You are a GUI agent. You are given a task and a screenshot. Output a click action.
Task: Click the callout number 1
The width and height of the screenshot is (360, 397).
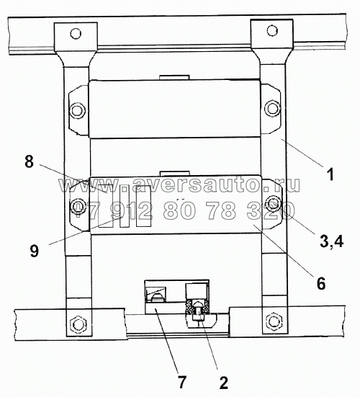(330, 174)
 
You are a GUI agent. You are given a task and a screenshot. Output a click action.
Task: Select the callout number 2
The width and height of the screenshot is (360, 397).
(224, 383)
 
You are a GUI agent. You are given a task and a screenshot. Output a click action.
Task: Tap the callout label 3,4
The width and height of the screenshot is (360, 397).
(332, 241)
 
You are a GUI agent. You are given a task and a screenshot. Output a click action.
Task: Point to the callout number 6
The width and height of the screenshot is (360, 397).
(321, 283)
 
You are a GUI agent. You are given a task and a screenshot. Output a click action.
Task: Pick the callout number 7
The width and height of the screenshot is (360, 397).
(182, 382)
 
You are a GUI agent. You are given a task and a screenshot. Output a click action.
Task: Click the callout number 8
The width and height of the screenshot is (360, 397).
(29, 161)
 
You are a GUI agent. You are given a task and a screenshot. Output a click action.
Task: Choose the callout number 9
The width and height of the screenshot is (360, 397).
(34, 251)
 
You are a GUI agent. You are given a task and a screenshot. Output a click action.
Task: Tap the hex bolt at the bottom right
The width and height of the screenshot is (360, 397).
(274, 321)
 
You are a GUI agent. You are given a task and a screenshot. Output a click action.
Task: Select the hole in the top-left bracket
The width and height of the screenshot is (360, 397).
(76, 34)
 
